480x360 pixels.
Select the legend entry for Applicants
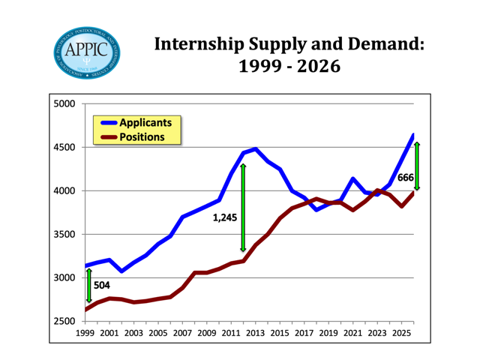[x=146, y=121]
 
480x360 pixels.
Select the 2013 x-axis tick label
[x=256, y=332]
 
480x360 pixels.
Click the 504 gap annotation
[x=101, y=285]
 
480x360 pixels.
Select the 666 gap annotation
[x=406, y=178]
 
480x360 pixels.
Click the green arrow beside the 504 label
[x=88, y=286]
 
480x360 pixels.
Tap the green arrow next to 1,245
[x=243, y=207]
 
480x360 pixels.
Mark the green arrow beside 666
[x=417, y=166]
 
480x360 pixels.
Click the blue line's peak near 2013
[x=255, y=149]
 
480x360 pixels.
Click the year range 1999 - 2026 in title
[x=289, y=67]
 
